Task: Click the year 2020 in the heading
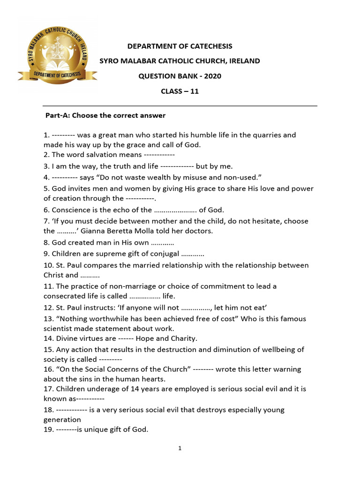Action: click(x=212, y=76)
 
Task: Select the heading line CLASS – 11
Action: click(x=180, y=91)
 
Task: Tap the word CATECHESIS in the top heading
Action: click(x=210, y=46)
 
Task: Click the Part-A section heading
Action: click(x=105, y=115)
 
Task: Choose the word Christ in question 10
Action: click(x=54, y=275)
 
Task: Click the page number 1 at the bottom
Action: click(x=180, y=449)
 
